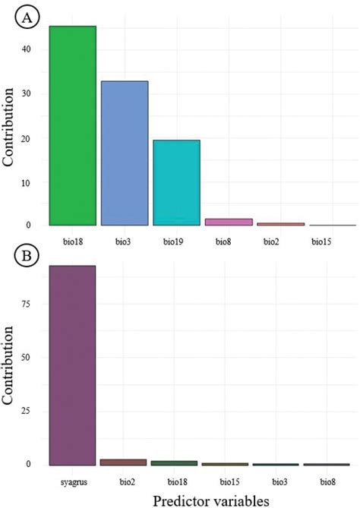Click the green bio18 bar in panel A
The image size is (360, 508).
73,125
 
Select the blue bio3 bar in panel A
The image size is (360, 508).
125,153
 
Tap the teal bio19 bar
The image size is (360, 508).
176,182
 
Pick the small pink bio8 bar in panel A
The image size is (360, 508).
228,222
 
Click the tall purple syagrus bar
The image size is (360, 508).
73,365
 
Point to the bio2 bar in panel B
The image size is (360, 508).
125,462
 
